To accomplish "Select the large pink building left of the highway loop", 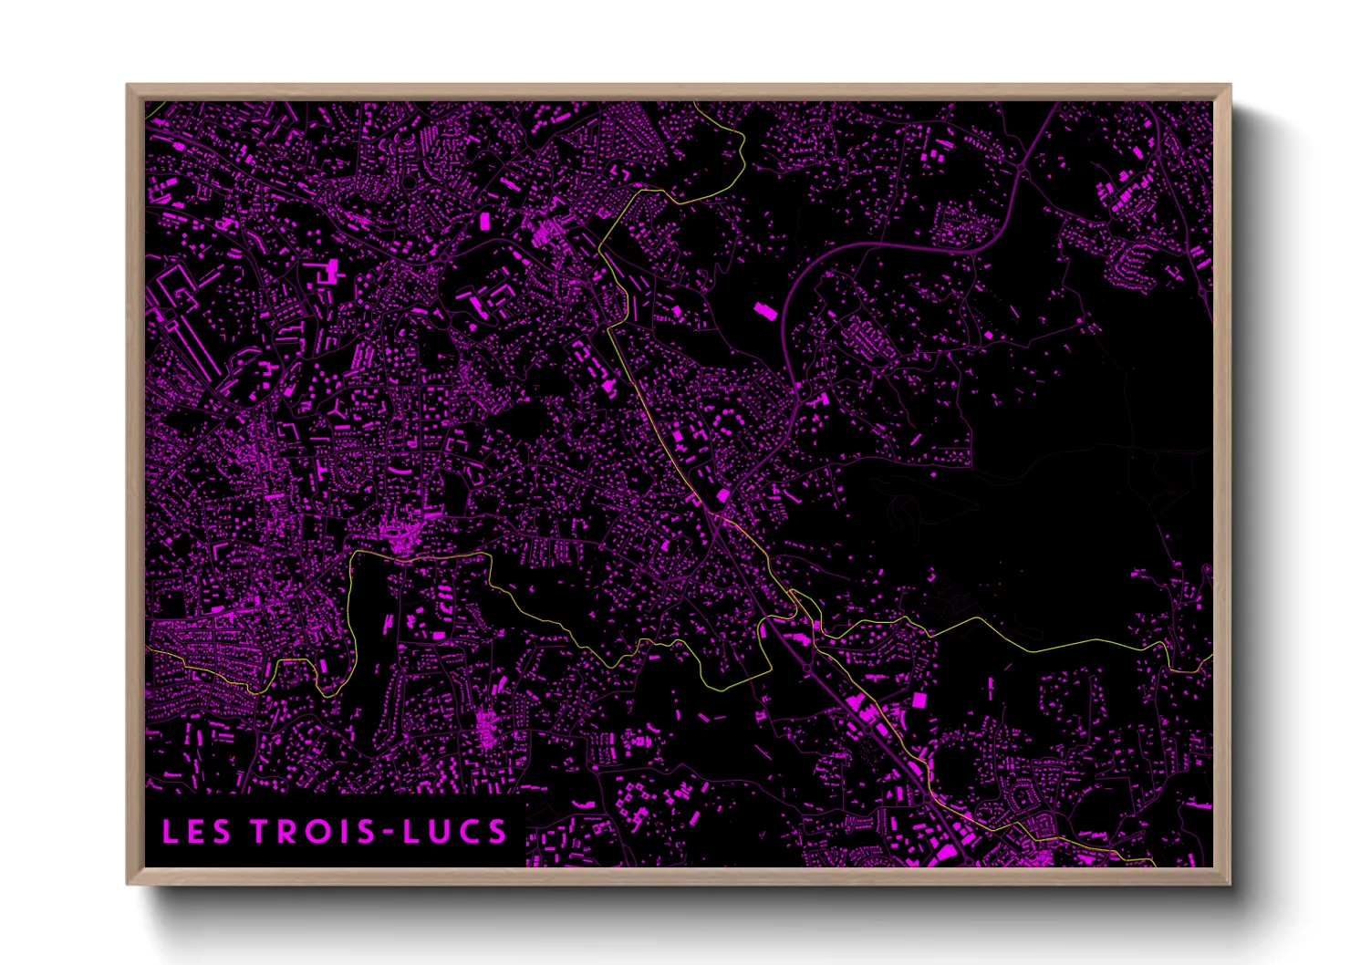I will (x=764, y=311).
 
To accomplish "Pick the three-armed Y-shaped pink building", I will (x=338, y=410).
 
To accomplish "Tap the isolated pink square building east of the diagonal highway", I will (x=919, y=700).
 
